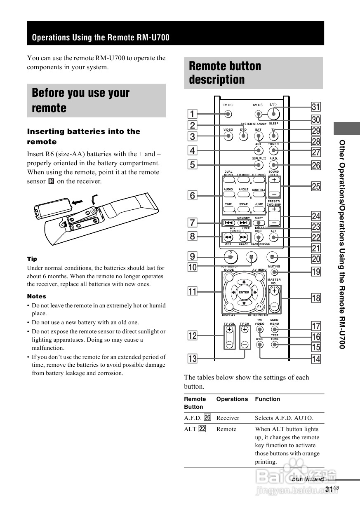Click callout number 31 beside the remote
316,107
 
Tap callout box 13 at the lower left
193,358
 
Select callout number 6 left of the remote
193,195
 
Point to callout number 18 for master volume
316,298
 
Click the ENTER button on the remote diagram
244,292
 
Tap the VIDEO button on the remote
228,136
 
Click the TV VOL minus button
229,344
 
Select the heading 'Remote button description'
225,73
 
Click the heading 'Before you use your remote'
81,100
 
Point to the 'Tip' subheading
32,259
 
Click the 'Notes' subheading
37,296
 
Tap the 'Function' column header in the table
267,399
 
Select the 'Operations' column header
232,399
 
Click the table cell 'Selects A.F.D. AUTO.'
284,418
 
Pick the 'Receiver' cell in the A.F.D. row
228,418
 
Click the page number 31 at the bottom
329,489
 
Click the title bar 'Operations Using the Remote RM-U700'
101,38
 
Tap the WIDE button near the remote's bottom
260,344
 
